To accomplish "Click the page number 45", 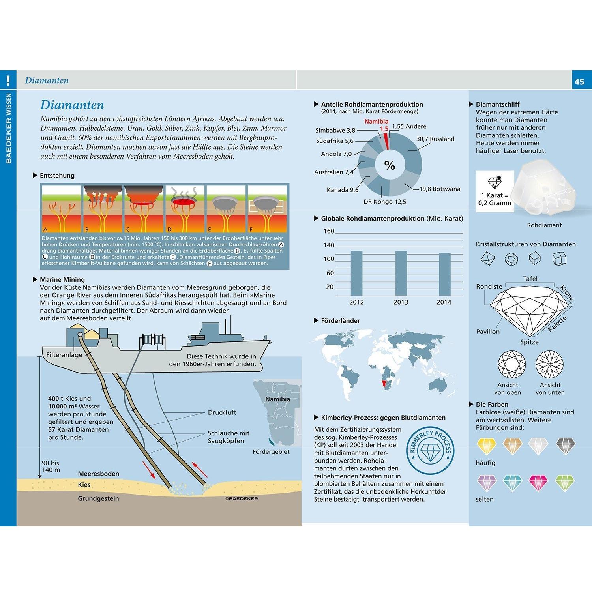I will point(579,82).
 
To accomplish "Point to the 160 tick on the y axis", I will point(329,231).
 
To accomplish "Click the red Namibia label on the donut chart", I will point(376,122).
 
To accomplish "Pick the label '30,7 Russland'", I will point(435,139).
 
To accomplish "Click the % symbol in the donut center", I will point(390,165).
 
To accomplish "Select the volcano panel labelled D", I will point(185,208).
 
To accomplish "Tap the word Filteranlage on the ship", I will point(64,355).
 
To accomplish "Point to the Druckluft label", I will point(222,412).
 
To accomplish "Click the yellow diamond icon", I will point(486,446).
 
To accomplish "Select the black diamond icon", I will point(565,446).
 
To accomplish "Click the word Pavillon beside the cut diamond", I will point(488,332).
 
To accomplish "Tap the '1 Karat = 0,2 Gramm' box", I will point(495,191).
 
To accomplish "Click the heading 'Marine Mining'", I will point(62,279).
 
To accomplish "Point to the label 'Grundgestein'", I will point(98,498).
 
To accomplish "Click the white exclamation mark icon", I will point(8,81).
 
